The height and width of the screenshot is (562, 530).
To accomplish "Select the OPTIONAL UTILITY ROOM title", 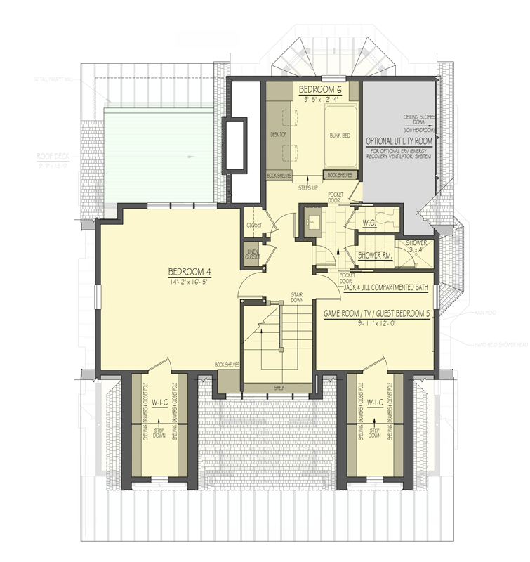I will [x=397, y=140].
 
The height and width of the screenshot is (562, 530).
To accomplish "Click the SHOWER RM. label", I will [x=374, y=255].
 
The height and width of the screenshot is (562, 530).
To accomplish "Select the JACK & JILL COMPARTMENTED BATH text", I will [x=387, y=286].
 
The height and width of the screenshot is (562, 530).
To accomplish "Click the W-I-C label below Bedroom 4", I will [x=159, y=403].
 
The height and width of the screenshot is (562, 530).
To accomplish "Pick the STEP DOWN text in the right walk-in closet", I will [x=375, y=431].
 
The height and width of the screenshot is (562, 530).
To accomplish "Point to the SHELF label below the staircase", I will [x=279, y=386].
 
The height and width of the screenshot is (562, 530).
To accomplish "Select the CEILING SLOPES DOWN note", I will [x=418, y=124].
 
